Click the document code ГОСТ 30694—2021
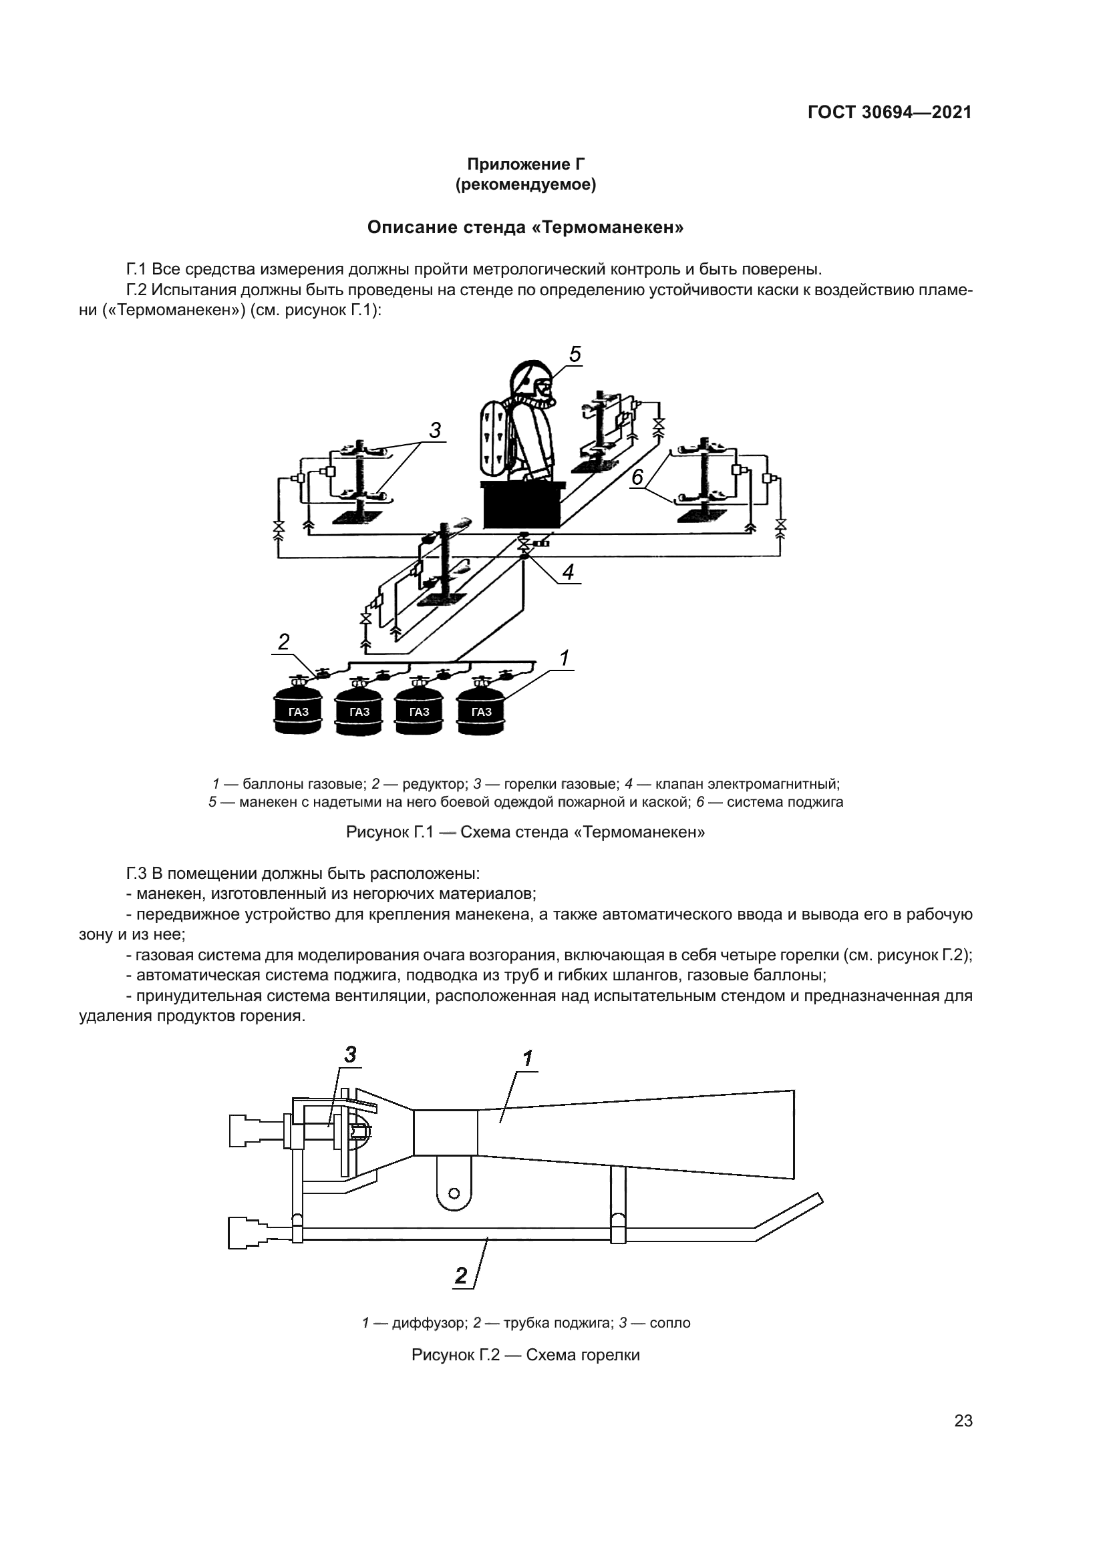point(889,112)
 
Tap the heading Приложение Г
point(525,164)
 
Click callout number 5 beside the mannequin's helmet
point(575,355)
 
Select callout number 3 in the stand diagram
point(435,430)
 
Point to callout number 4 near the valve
point(567,572)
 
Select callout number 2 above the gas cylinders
point(284,642)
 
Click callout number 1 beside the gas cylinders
point(564,658)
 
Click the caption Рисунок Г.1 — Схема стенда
point(525,832)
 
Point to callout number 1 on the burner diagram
point(527,1058)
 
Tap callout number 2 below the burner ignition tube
point(462,1276)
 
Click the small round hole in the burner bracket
point(454,1193)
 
